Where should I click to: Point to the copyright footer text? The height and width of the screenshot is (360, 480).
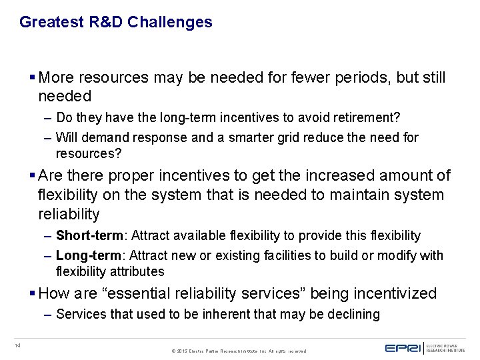click(x=239, y=350)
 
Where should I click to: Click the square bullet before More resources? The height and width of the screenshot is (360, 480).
click(x=33, y=77)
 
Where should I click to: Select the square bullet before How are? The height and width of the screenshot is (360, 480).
click(x=33, y=293)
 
